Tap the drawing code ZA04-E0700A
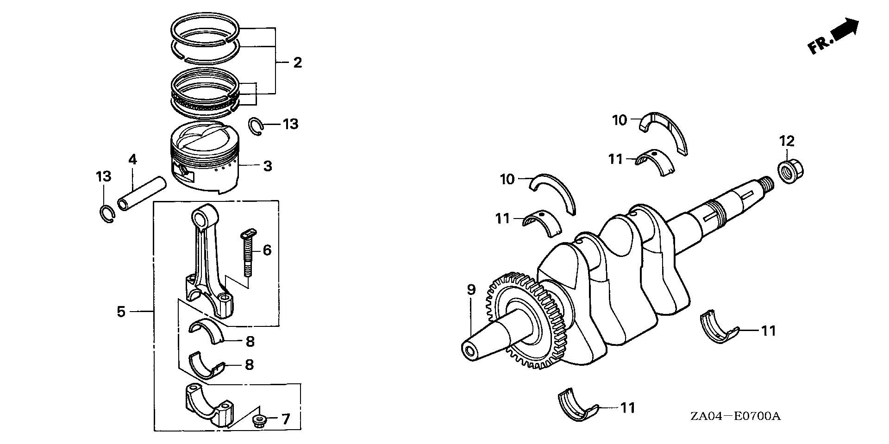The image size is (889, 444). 735,416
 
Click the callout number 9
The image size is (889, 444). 471,290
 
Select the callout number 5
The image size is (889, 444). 121,312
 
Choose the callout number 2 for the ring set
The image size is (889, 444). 297,62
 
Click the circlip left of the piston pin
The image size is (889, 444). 107,213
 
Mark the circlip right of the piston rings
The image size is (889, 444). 256,126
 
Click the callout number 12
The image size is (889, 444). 787,141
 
